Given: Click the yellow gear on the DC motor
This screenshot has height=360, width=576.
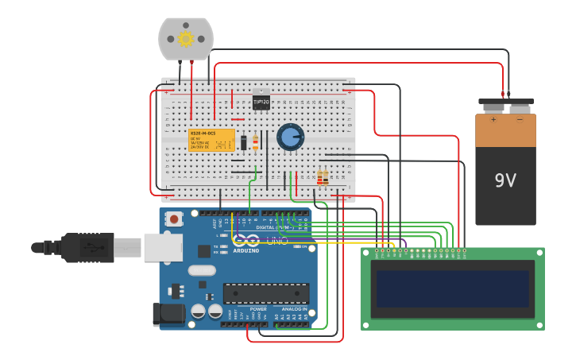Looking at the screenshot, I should (186, 39).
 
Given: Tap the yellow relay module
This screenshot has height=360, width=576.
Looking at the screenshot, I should (211, 140).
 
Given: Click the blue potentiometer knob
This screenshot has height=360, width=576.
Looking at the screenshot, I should (290, 137).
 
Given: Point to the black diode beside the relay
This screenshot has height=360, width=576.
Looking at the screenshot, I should (244, 142).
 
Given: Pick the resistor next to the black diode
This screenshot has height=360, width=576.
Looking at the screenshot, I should (255, 142).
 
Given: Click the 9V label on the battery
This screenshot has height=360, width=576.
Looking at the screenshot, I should (505, 180).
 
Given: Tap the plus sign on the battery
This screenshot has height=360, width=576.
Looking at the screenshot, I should (493, 120).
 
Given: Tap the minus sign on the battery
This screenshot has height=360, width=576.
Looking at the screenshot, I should (520, 120).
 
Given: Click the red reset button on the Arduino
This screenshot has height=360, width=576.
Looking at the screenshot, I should (173, 218).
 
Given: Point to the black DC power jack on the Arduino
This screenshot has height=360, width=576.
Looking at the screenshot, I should (168, 314).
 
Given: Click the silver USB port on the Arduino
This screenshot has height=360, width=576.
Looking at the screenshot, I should (163, 247).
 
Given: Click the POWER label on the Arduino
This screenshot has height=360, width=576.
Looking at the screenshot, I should (258, 309).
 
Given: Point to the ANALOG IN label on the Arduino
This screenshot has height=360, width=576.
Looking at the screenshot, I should (294, 309).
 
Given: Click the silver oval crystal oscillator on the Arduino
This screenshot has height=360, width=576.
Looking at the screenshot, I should (202, 270).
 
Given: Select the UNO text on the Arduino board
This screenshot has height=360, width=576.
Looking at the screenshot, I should (276, 241).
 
